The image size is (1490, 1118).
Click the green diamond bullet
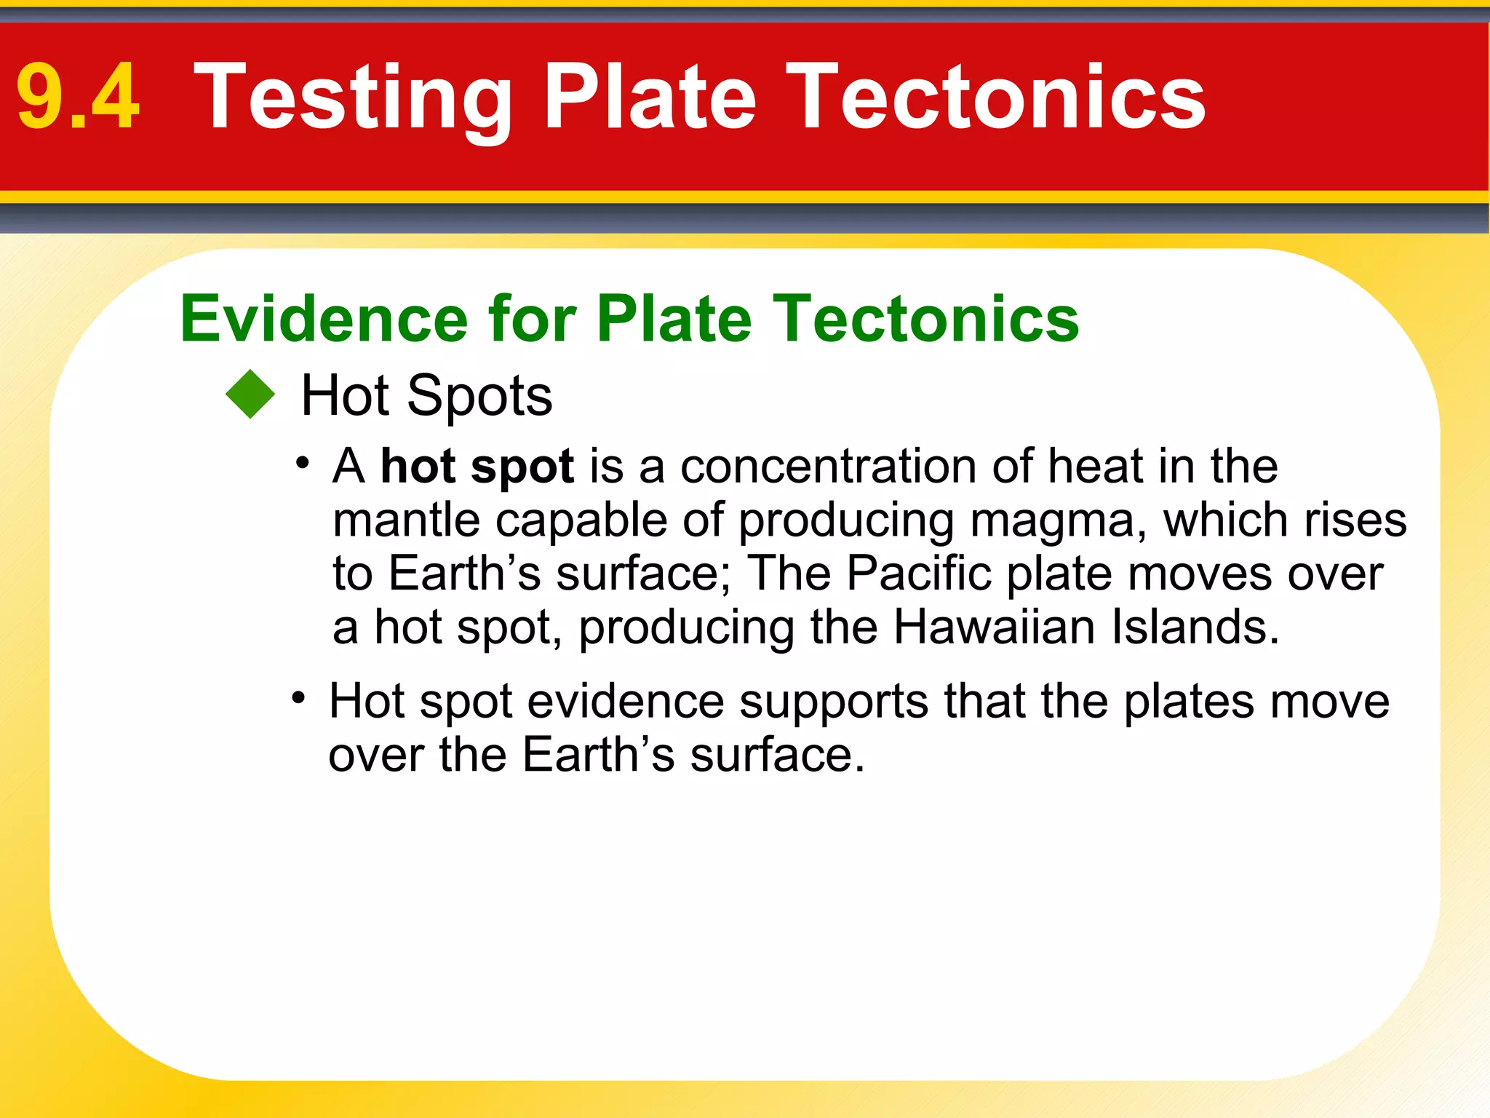[250, 395]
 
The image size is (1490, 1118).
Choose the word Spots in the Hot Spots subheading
[479, 396]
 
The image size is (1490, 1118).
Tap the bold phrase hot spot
[477, 466]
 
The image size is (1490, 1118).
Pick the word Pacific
[919, 574]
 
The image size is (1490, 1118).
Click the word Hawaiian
[994, 627]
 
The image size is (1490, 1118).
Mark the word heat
[1096, 466]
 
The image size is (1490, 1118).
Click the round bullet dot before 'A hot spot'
[303, 463]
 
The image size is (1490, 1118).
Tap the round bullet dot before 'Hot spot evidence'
[298, 699]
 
